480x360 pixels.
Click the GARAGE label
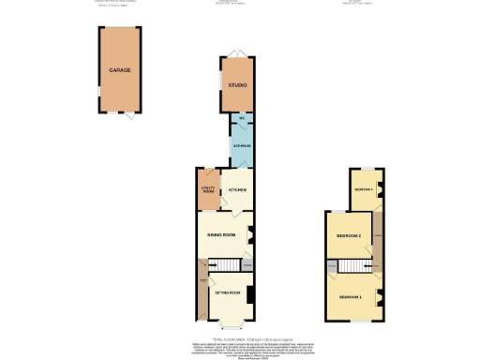tap(118, 70)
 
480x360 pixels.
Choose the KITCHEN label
tap(238, 190)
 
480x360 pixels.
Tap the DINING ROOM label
tap(221, 235)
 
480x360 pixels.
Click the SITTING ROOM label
tap(229, 293)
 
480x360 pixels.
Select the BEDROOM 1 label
tap(352, 297)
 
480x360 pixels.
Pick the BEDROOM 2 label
tap(348, 236)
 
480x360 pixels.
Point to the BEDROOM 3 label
tap(364, 190)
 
